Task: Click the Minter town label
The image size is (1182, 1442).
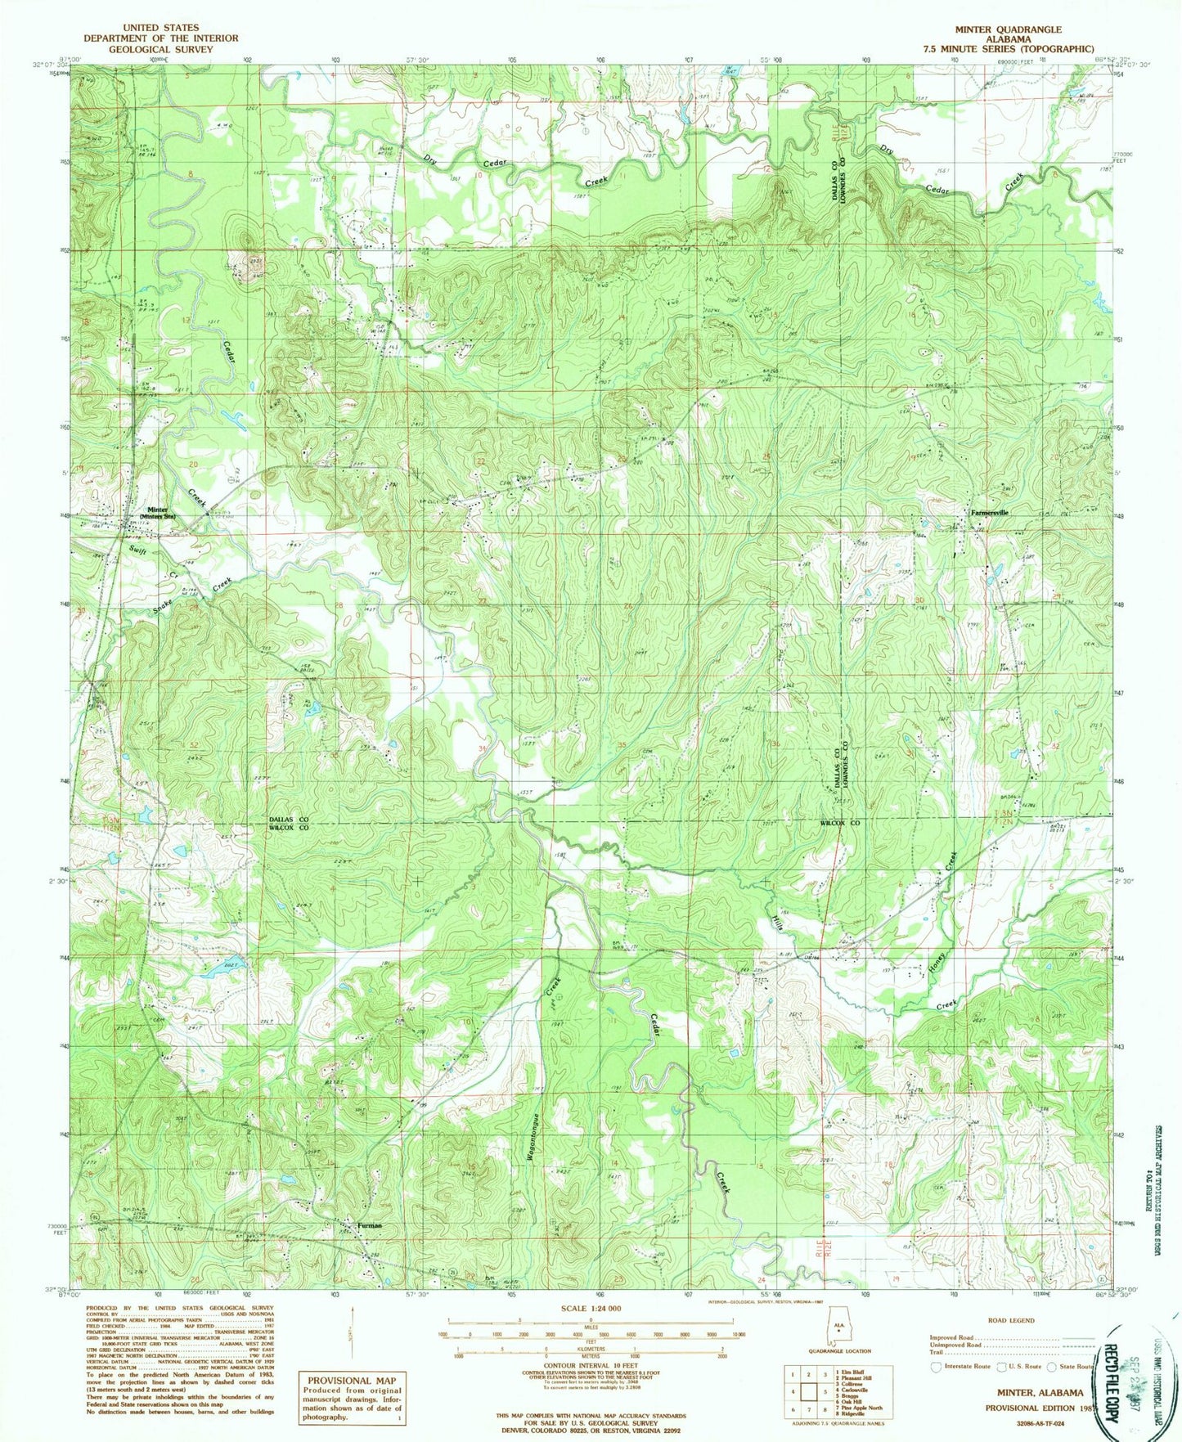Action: point(157,509)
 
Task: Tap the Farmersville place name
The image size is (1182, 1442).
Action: point(989,513)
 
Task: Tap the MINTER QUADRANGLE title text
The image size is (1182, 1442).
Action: point(1008,29)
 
